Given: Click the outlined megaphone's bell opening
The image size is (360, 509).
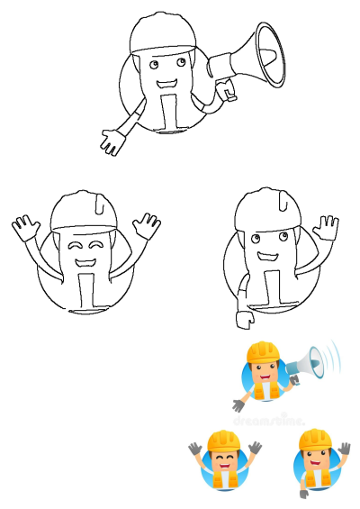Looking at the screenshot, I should [x=269, y=56].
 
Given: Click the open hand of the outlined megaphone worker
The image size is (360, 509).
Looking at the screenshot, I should [x=112, y=141].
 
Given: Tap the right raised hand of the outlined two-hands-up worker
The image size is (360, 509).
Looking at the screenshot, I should [x=146, y=224].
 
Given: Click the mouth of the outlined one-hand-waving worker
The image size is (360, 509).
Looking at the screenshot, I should [x=267, y=258].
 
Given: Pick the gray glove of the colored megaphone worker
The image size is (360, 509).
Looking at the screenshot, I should [x=238, y=404].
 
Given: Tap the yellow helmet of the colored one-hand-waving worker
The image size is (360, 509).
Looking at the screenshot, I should [x=314, y=440].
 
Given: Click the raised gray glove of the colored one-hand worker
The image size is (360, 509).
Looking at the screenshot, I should [x=345, y=447].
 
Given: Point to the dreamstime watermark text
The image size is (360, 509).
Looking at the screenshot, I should [x=268, y=419].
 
